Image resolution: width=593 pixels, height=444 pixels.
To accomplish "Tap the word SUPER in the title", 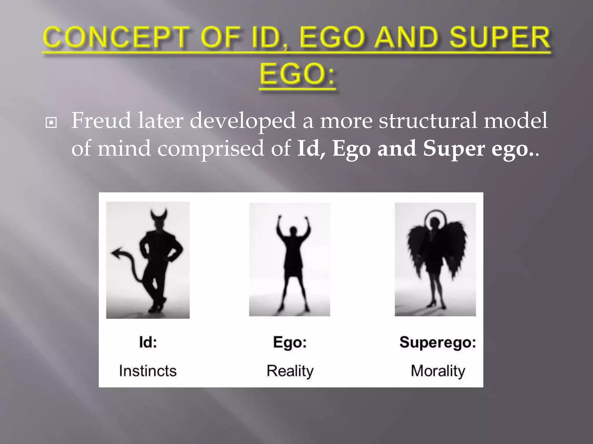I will [x=500, y=38].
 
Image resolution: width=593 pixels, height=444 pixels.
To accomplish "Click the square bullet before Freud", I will [x=51, y=123].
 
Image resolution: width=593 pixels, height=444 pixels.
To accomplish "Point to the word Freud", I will [x=101, y=121].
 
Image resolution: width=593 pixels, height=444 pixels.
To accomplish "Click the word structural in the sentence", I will [x=428, y=121].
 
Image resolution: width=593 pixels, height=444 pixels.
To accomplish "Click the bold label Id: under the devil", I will [x=148, y=342].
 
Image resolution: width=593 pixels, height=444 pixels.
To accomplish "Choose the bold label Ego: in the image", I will [x=290, y=342].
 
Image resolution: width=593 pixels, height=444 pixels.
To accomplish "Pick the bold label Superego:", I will [x=438, y=342].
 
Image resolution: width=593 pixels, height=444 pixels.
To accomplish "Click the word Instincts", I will [x=148, y=371].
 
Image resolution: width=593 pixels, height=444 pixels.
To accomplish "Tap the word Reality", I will [x=290, y=371].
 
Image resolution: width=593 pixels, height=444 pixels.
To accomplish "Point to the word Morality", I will [x=438, y=371].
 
